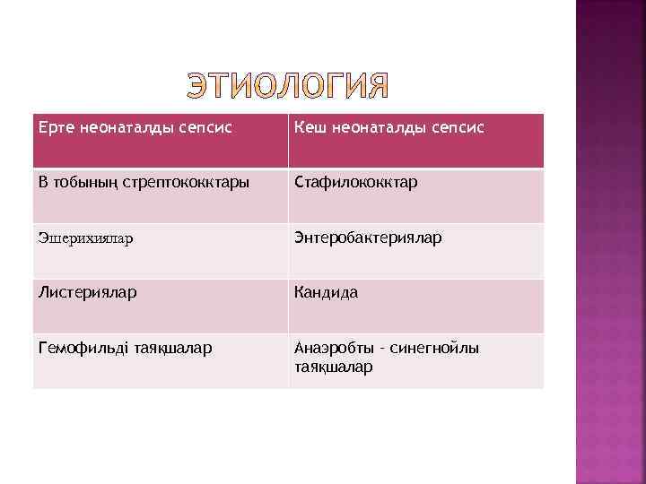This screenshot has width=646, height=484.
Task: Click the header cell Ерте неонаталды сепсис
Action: tap(161, 140)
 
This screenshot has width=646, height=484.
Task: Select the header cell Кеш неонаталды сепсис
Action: tap(415, 140)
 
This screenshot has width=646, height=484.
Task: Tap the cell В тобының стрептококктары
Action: tap(161, 195)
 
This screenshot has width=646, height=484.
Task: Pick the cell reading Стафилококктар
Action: tap(415, 195)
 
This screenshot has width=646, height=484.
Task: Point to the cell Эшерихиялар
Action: tap(161, 251)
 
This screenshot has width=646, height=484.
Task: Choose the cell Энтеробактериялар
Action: tap(415, 251)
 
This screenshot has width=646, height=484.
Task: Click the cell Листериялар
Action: tap(161, 306)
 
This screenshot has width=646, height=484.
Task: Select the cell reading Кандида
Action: tap(415, 306)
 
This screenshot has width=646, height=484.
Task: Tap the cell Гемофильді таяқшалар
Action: tap(161, 360)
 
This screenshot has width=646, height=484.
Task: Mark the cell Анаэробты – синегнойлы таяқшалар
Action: tap(415, 360)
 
